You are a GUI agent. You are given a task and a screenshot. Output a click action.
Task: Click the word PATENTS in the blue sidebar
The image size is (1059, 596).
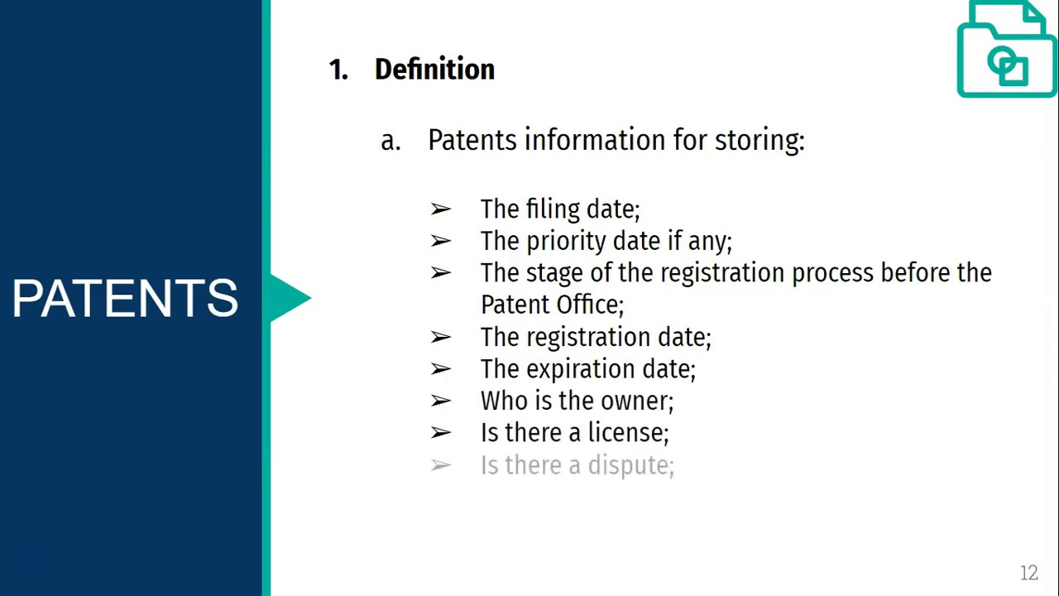(x=125, y=298)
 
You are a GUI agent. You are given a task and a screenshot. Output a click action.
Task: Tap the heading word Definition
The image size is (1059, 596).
(x=434, y=70)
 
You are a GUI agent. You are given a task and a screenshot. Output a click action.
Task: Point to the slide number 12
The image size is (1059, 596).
(x=1028, y=573)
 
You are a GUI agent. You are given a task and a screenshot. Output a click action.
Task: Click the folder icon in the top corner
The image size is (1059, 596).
(x=1005, y=51)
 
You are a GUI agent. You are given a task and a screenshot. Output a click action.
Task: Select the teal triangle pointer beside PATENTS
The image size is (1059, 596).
(x=290, y=298)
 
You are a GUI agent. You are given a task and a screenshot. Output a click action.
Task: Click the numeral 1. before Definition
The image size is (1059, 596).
(x=338, y=70)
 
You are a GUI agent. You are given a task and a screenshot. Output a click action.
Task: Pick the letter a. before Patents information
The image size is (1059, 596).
(x=390, y=141)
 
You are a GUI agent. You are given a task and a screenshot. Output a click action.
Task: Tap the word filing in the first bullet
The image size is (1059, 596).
(x=553, y=209)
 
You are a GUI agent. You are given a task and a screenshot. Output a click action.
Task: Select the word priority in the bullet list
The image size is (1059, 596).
(x=563, y=242)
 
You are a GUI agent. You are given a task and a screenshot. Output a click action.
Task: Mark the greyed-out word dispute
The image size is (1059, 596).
(x=630, y=466)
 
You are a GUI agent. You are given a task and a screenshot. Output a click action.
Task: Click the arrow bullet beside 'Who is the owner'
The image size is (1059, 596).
(x=440, y=401)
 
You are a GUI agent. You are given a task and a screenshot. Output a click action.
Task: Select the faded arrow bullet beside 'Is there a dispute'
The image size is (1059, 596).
(x=440, y=466)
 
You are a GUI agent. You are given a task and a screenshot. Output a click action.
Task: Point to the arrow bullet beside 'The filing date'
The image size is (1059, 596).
(x=440, y=209)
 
